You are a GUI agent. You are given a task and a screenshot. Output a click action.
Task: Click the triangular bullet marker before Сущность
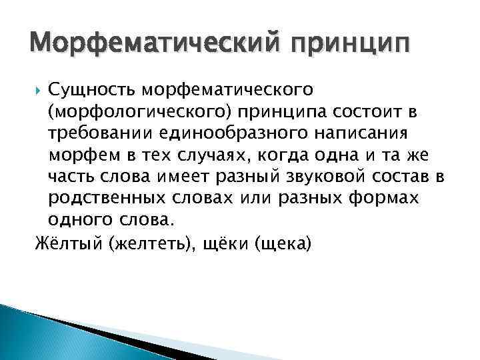coord(38,89)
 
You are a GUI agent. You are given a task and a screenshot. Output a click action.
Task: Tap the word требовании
coord(103,133)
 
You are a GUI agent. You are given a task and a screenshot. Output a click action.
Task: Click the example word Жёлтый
coord(63,242)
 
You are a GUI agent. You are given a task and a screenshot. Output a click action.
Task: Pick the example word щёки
coord(226,242)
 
